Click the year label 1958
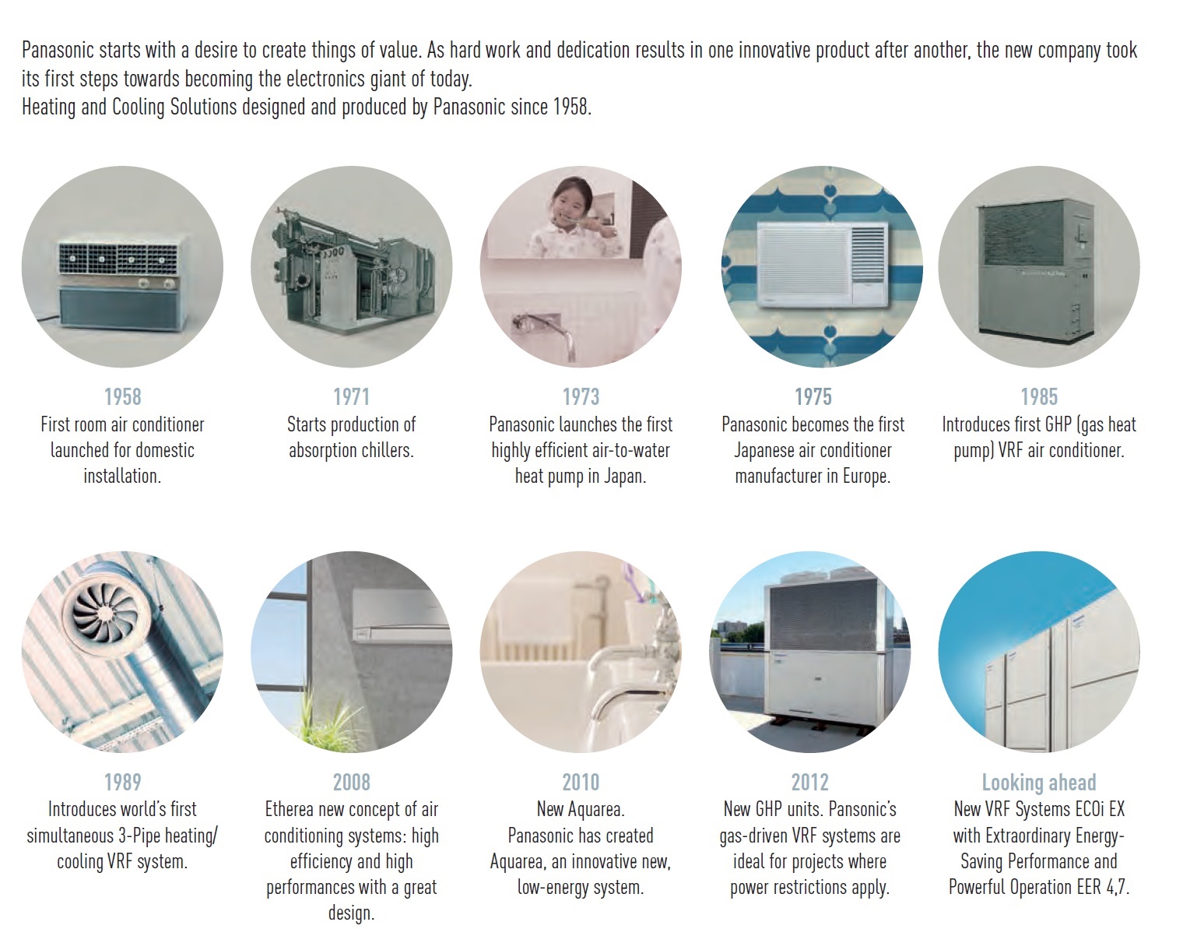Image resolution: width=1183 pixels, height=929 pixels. tap(122, 396)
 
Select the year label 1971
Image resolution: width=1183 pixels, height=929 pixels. tap(351, 396)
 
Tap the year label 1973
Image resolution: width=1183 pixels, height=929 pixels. tap(581, 396)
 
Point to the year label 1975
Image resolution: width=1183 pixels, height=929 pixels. tap(813, 396)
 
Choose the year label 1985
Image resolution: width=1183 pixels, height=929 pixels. tap(1039, 396)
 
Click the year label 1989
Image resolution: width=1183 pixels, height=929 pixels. tap(122, 782)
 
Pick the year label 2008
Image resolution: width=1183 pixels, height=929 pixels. tap(351, 782)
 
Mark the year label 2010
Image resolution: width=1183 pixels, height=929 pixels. tap(581, 782)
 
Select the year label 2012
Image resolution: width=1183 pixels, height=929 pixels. tap(809, 782)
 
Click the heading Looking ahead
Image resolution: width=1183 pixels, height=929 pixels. tap(1039, 783)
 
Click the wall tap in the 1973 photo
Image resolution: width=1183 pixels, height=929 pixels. tap(544, 333)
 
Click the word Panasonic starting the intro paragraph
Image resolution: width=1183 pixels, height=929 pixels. tap(58, 50)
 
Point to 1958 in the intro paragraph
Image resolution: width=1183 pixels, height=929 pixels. tap(570, 107)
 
